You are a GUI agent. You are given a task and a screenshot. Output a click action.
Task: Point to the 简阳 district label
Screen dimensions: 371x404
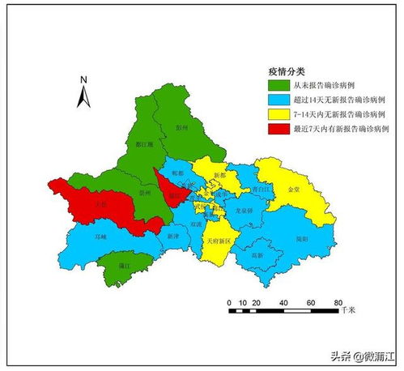pyautogui.click(x=301, y=239)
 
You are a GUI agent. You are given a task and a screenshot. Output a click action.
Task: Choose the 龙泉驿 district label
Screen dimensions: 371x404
pyautogui.click(x=244, y=210)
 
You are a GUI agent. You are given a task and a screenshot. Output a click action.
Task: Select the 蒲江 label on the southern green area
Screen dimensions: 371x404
pyautogui.click(x=124, y=265)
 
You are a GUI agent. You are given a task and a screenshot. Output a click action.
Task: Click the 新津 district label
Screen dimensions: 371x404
pyautogui.click(x=172, y=237)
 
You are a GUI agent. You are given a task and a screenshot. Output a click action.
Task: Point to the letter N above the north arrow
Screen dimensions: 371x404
pyautogui.click(x=83, y=79)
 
